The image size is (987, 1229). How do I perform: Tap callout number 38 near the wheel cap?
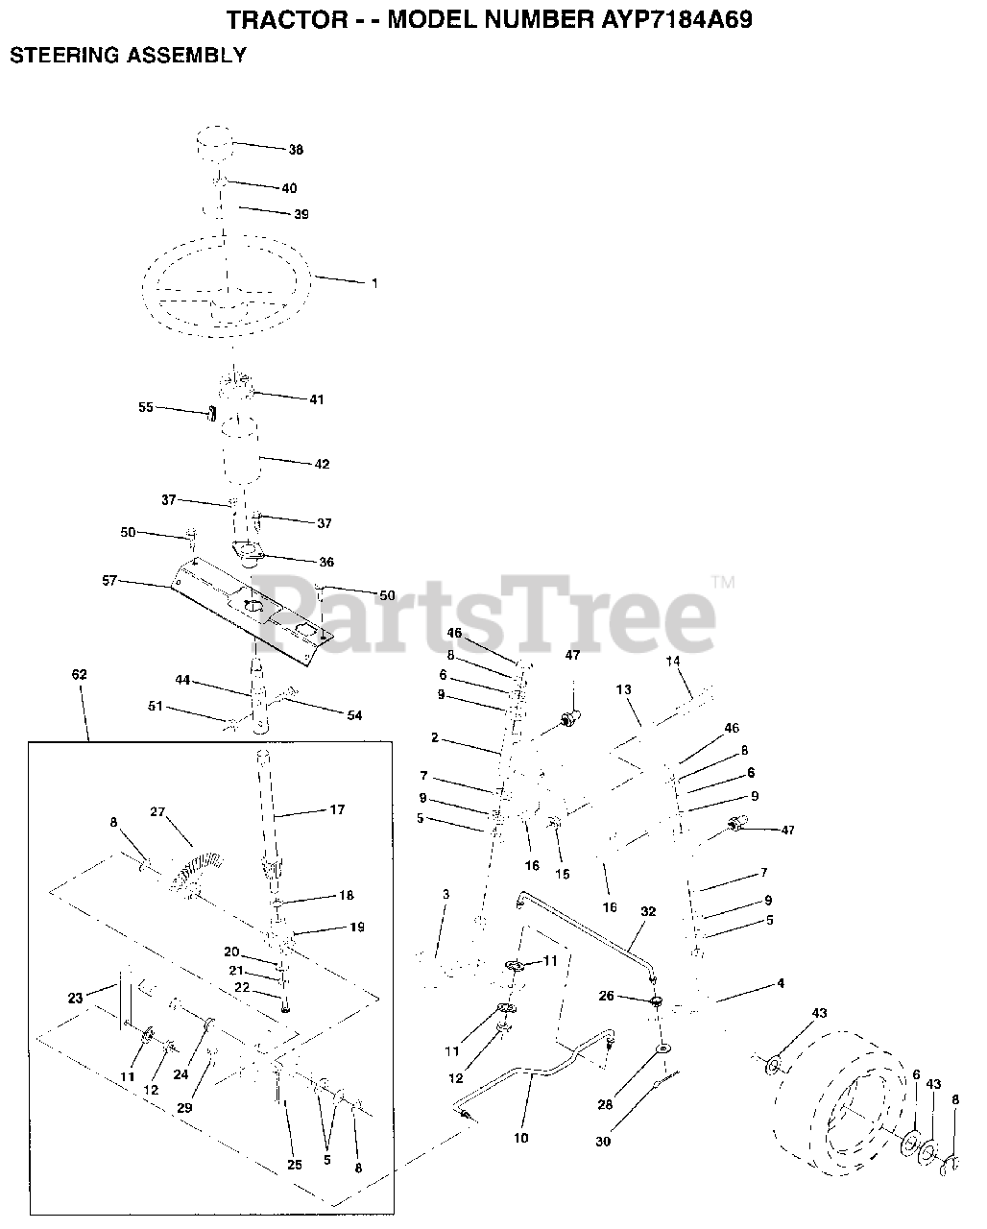[296, 150]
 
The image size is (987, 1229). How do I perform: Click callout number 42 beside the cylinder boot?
[322, 464]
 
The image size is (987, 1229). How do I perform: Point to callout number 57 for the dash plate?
[108, 580]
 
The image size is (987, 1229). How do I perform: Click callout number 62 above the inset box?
[79, 675]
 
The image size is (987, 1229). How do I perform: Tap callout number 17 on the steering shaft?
[336, 809]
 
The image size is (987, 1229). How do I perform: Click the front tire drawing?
[845, 1095]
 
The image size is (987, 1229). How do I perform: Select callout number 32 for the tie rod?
[647, 911]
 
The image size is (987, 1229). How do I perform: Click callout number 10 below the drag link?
[521, 1138]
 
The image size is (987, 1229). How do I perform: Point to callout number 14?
[672, 661]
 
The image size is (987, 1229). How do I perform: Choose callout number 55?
[146, 407]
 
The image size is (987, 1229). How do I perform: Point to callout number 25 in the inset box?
[294, 1165]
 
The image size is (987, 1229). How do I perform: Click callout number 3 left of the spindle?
[445, 895]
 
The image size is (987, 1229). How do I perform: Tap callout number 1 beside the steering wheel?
[374, 283]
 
